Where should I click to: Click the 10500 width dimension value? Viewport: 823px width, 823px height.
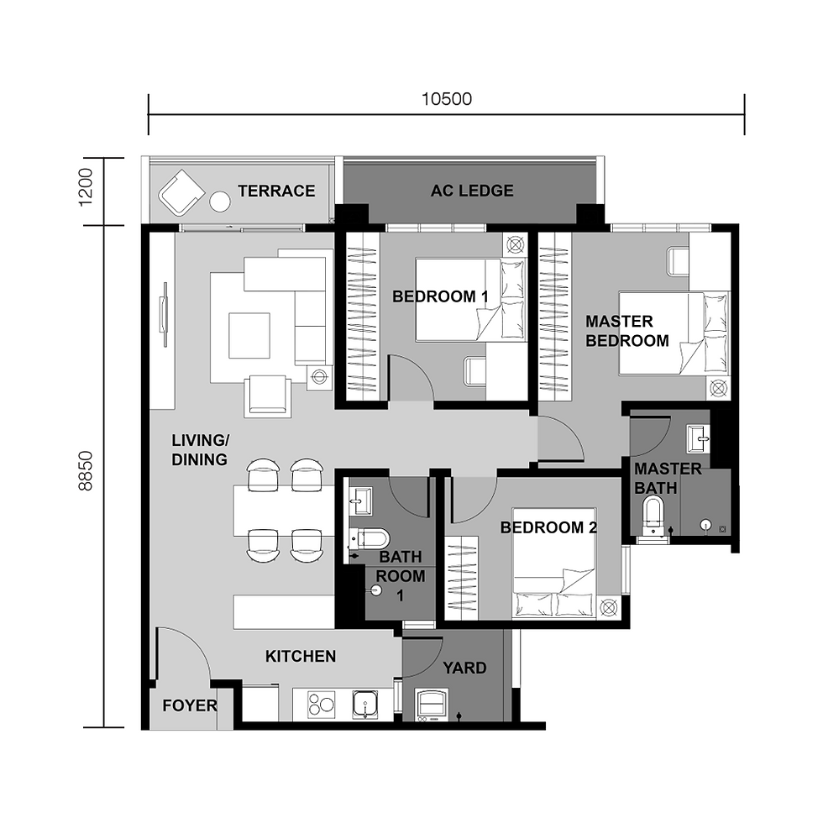point(446,98)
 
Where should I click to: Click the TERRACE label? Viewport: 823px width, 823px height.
point(276,191)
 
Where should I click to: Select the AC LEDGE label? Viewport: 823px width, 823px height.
point(472,191)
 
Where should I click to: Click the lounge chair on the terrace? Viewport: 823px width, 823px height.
point(181,192)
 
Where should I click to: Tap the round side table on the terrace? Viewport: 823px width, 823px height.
point(219,202)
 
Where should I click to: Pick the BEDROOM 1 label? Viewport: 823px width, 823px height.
point(440,296)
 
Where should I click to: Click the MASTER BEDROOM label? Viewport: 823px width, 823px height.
point(626,331)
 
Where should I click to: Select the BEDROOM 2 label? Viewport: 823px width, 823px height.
point(548,527)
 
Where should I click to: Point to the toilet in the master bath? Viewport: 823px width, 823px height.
point(653,515)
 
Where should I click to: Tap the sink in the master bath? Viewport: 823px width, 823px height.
point(697,435)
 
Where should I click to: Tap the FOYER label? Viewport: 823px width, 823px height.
point(189,706)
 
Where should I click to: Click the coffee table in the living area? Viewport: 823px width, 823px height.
point(249,335)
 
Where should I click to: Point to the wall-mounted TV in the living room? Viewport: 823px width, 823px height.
point(165,314)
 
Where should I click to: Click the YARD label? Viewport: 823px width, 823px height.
point(464,668)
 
